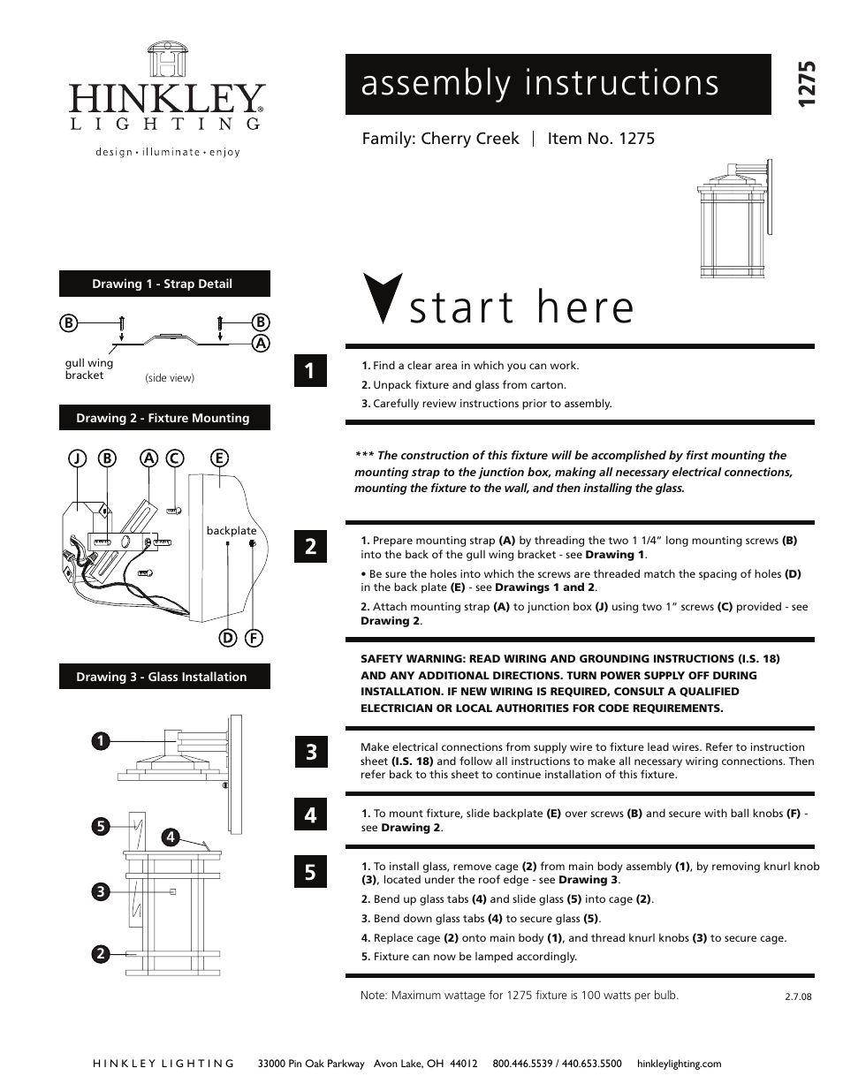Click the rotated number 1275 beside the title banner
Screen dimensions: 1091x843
click(x=805, y=85)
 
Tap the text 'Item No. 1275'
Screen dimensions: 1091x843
click(x=601, y=139)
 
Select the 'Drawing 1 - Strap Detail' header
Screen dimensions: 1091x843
click(x=164, y=284)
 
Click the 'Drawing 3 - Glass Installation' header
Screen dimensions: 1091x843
click(x=164, y=677)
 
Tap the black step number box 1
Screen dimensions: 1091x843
click(x=310, y=370)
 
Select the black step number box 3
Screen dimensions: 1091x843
click(x=310, y=752)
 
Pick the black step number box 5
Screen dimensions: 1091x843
click(x=310, y=872)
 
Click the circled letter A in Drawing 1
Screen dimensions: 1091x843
click(x=261, y=344)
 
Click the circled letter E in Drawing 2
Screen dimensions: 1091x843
click(x=219, y=458)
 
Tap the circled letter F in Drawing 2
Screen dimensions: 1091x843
click(x=254, y=638)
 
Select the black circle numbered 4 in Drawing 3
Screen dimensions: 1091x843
click(x=171, y=837)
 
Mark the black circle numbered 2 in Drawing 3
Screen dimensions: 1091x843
click(x=101, y=954)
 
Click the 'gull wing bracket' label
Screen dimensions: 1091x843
click(x=88, y=369)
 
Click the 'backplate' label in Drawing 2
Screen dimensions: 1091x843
click(x=232, y=531)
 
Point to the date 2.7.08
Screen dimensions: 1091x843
click(x=797, y=996)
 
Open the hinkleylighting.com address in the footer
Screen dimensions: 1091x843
click(x=679, y=1064)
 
